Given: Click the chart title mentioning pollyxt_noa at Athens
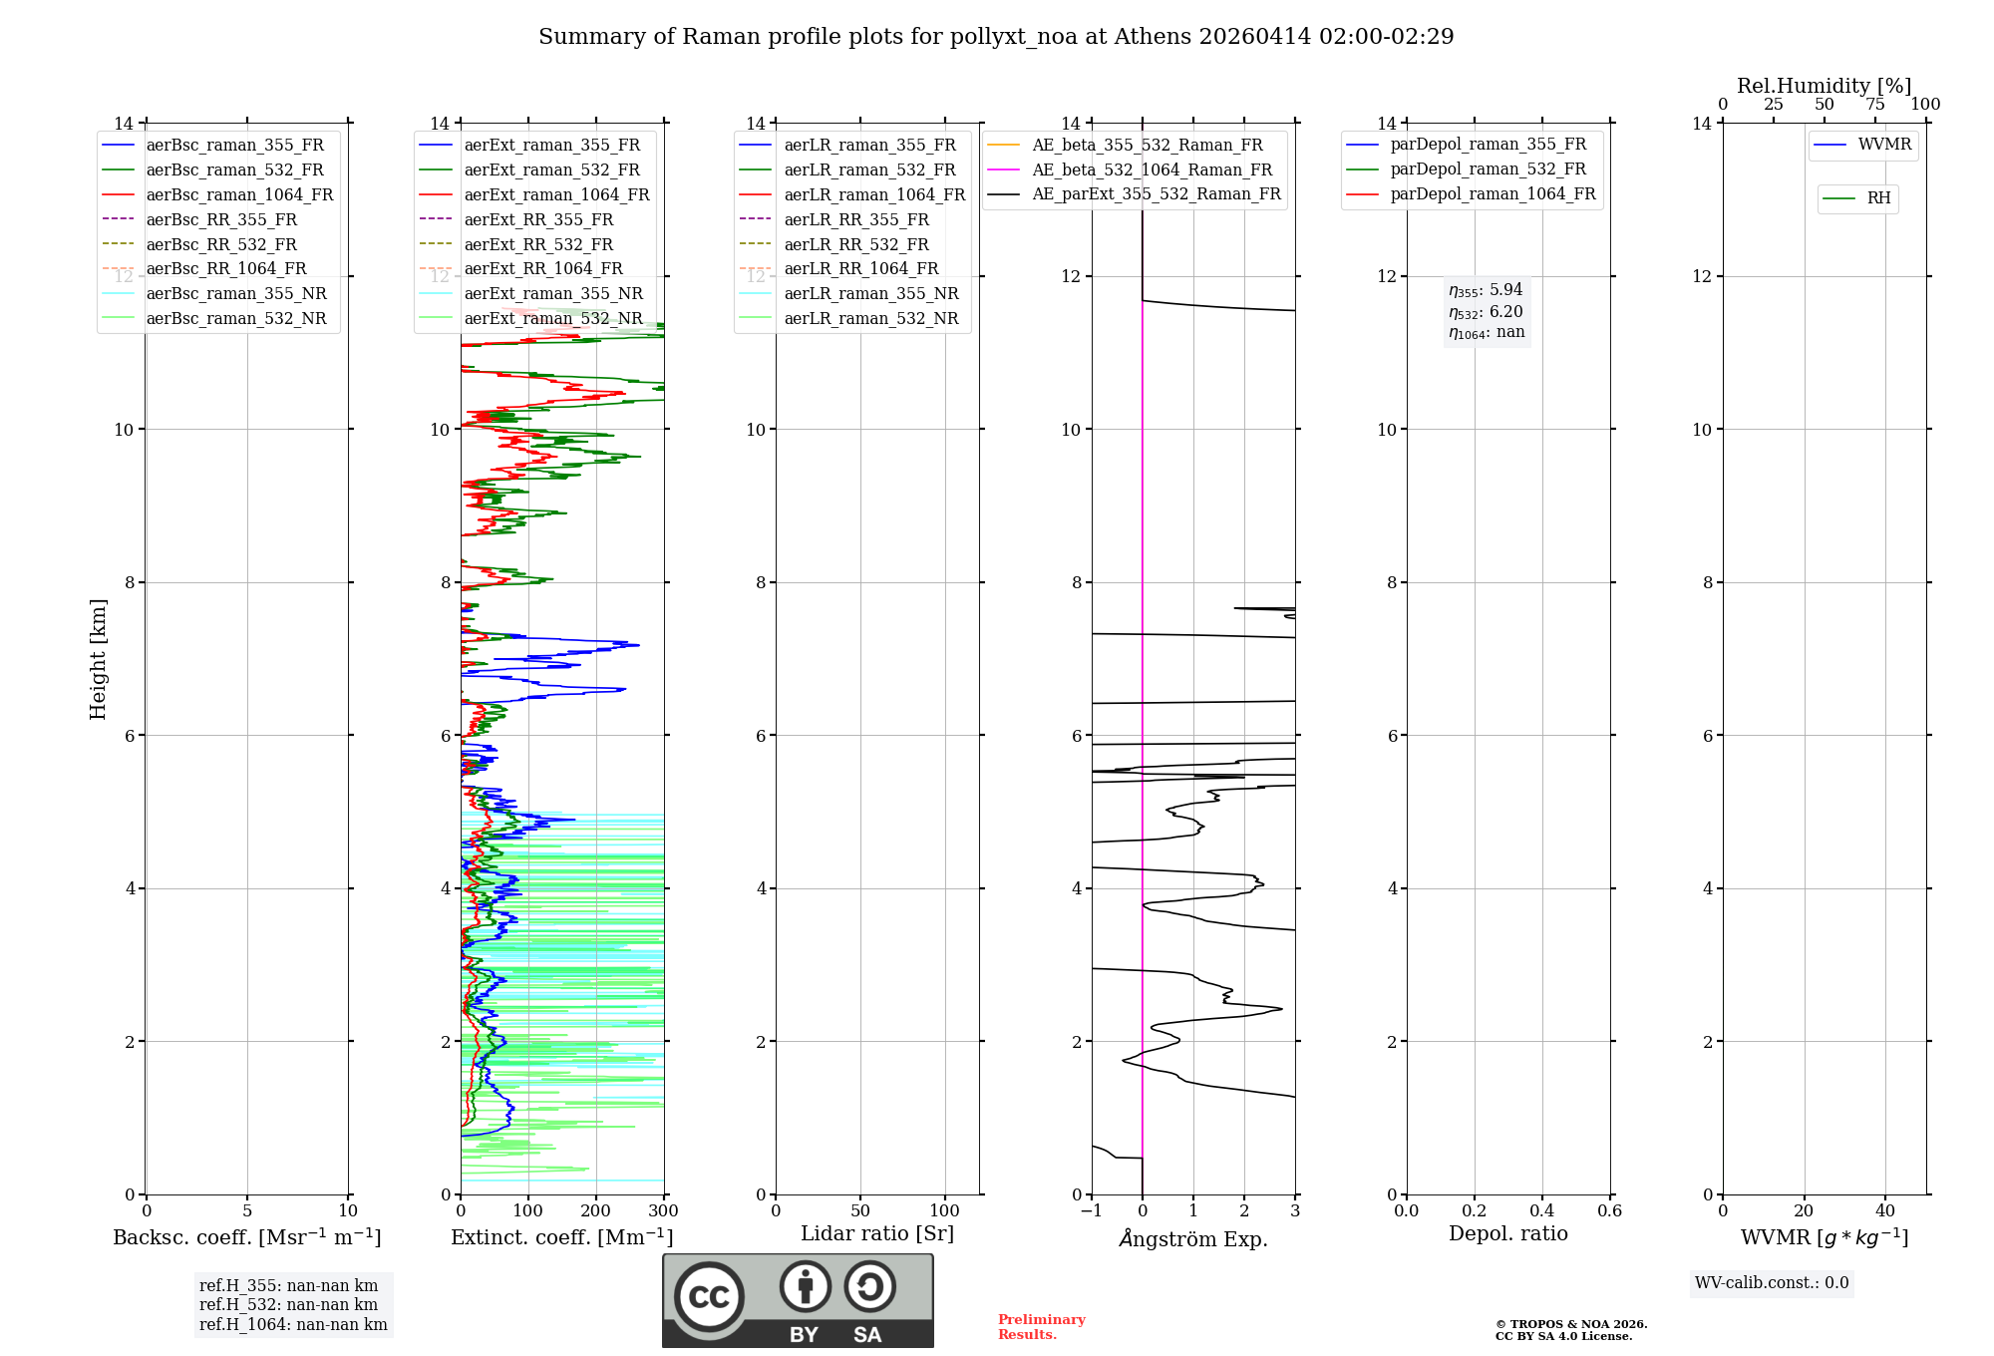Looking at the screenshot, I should pyautogui.click(x=996, y=37).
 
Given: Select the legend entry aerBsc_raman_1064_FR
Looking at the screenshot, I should pyautogui.click(x=239, y=195).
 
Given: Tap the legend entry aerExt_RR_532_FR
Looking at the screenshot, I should pyautogui.click(x=538, y=244).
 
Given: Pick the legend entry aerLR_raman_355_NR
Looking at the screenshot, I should pyautogui.click(x=870, y=293).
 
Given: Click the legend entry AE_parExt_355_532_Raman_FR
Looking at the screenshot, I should pyautogui.click(x=1156, y=194).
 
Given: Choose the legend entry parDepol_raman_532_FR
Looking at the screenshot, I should pyautogui.click(x=1488, y=169).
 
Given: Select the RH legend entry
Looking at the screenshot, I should pyautogui.click(x=1878, y=198).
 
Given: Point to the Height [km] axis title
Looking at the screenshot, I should pyautogui.click(x=98, y=659).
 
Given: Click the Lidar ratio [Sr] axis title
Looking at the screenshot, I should pyautogui.click(x=877, y=1234).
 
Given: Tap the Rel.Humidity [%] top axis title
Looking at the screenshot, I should pyautogui.click(x=1824, y=86).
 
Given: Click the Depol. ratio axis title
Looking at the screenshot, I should pyautogui.click(x=1507, y=1234).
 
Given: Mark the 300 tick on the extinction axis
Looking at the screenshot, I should pyautogui.click(x=663, y=1211).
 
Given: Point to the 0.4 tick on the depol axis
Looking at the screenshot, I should pyautogui.click(x=1541, y=1211).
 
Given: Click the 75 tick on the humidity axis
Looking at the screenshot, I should pyautogui.click(x=1874, y=105).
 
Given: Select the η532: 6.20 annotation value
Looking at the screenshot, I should pyautogui.click(x=1486, y=312).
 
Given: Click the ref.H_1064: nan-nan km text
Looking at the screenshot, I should pyautogui.click(x=293, y=1324).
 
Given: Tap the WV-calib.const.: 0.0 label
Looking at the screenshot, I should pyautogui.click(x=1772, y=1283).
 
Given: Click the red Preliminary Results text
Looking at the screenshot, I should pyautogui.click(x=1041, y=1327).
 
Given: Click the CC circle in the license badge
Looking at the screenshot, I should pyautogui.click(x=709, y=1297).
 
